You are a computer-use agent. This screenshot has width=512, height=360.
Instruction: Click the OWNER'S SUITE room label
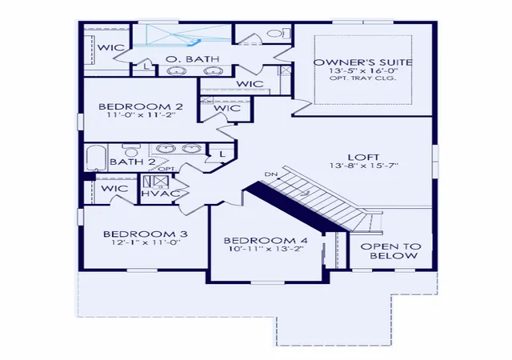coord(362,62)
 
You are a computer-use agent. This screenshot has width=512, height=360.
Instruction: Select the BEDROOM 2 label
coord(141,106)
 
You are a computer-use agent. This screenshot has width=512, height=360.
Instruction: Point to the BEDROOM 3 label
coord(146,234)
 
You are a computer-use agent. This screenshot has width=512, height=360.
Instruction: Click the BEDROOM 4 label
coord(266,241)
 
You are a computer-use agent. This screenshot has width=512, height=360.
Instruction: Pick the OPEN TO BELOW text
coord(391,251)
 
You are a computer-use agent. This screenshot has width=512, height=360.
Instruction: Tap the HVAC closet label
coord(160,193)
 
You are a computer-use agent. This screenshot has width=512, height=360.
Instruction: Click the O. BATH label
coord(192,59)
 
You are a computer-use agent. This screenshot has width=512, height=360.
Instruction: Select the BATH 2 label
coord(132,162)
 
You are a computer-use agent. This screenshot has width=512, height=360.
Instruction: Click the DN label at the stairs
coord(270,174)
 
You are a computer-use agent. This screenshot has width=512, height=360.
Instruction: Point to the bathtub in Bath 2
coord(96,158)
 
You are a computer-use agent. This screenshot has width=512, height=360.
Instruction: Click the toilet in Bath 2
coord(131,150)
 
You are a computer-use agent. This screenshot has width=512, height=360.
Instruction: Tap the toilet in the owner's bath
coord(279,33)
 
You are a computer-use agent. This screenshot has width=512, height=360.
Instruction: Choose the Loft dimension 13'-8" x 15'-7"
coord(364,166)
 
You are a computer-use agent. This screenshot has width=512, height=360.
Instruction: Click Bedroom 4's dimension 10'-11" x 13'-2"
coord(266,248)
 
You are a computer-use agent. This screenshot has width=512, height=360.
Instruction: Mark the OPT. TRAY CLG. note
coord(362,78)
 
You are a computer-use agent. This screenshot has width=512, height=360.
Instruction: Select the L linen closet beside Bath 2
coord(222,154)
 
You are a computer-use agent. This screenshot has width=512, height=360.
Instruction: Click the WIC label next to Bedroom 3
coord(114,189)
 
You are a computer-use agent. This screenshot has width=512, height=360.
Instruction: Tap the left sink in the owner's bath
coord(177,70)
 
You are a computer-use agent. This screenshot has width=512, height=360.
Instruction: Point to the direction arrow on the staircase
coord(305,194)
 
